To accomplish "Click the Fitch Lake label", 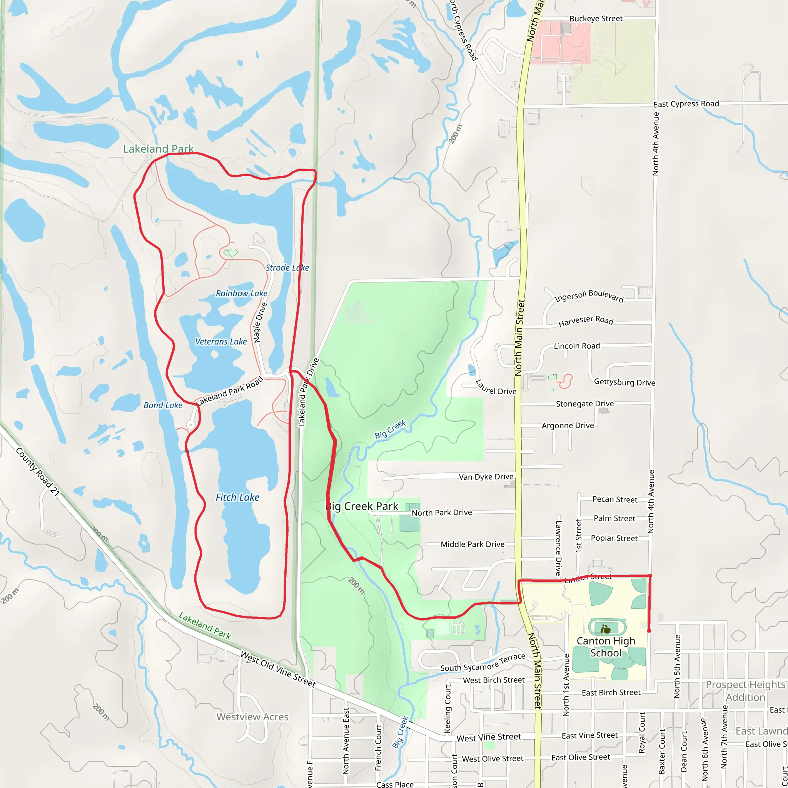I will click(x=237, y=497).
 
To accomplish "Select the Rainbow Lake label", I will click(x=242, y=293).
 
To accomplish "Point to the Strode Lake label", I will click(x=287, y=267).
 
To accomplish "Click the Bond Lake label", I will click(x=163, y=405).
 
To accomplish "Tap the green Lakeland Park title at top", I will click(x=158, y=149).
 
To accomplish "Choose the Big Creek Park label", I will click(x=362, y=506).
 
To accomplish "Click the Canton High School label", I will click(x=606, y=646).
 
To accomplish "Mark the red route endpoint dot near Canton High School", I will click(x=649, y=631).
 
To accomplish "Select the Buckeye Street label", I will click(x=596, y=19).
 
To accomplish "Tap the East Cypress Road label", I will click(x=686, y=104).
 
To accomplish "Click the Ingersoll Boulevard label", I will click(x=589, y=296).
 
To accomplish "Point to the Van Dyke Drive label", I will click(x=486, y=477).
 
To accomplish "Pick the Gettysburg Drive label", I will click(x=624, y=382).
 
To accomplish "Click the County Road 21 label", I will click(x=38, y=471).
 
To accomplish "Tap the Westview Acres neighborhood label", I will click(x=252, y=716).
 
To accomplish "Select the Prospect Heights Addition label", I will click(x=745, y=691).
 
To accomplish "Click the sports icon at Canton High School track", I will click(x=605, y=629).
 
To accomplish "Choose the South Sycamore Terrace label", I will click(x=482, y=663).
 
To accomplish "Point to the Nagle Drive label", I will click(x=260, y=322).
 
